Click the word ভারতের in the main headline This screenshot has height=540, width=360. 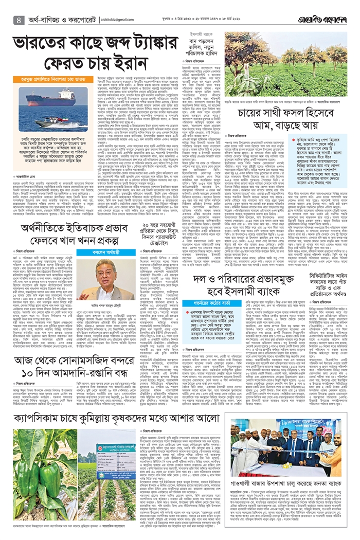56,41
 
